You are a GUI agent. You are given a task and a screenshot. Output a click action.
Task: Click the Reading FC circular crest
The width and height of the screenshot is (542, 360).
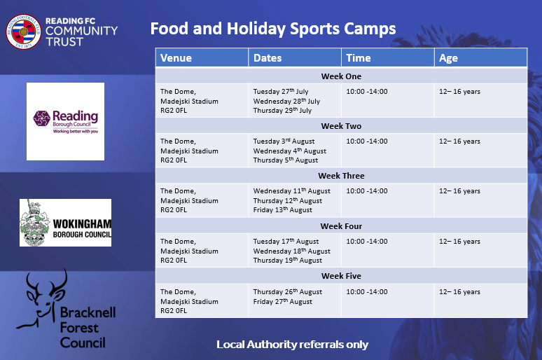(x=24, y=32)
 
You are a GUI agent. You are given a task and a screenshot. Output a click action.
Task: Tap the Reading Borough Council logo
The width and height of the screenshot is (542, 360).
(x=65, y=121)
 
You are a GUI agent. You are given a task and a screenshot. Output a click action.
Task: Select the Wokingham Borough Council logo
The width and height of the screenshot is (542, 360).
(x=65, y=222)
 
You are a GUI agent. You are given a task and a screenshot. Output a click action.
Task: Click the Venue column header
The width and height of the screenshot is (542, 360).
(x=176, y=57)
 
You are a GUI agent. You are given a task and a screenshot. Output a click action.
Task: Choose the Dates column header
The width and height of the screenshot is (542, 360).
(x=267, y=57)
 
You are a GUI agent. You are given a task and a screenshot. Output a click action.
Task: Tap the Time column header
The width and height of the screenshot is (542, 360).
(x=359, y=57)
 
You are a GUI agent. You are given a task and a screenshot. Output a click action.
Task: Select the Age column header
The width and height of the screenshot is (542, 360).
(x=448, y=58)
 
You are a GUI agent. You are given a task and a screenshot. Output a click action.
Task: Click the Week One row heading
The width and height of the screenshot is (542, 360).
(x=341, y=76)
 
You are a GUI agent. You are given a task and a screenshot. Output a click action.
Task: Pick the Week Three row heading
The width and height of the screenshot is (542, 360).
(x=341, y=176)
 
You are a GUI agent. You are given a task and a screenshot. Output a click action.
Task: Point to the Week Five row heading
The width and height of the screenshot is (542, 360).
(x=341, y=276)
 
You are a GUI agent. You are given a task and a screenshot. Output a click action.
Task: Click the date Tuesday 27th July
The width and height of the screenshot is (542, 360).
(x=281, y=91)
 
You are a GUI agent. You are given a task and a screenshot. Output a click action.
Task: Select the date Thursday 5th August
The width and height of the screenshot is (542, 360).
(x=286, y=160)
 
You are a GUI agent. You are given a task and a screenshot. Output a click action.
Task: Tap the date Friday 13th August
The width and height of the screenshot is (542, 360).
(x=283, y=210)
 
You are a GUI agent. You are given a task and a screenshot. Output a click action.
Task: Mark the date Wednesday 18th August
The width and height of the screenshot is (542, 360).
(x=292, y=251)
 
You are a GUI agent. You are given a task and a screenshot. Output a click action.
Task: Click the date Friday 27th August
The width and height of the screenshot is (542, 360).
(x=283, y=302)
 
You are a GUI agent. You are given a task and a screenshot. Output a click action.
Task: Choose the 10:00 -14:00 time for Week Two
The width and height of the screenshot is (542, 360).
(x=367, y=141)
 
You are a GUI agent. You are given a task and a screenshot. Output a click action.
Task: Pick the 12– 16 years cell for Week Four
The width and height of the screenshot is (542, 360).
(x=460, y=242)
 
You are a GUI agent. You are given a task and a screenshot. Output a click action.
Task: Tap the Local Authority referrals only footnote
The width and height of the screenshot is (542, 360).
(x=293, y=345)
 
